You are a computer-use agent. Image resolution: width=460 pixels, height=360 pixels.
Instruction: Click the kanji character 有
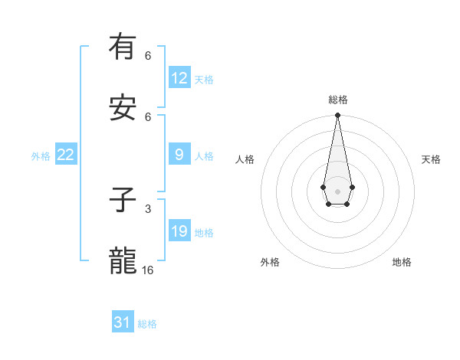(123, 47)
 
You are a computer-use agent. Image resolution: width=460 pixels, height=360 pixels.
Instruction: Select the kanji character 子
(123, 201)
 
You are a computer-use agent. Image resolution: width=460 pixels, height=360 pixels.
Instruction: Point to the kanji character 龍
(123, 262)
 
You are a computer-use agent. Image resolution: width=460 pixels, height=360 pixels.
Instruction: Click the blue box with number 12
(179, 78)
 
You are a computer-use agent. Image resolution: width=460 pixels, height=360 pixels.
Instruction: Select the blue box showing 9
(179, 155)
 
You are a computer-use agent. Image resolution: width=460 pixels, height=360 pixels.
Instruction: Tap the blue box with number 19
(179, 231)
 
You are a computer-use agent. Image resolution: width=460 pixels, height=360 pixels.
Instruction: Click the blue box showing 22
(65, 155)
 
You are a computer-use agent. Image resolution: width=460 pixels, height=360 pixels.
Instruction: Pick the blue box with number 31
(123, 322)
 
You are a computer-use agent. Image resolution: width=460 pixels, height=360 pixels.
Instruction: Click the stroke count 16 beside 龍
(148, 270)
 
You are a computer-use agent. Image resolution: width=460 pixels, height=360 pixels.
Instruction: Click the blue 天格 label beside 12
(204, 80)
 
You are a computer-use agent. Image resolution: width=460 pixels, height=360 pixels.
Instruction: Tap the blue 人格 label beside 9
(204, 156)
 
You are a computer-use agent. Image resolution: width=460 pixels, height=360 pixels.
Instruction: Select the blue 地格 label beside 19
(204, 233)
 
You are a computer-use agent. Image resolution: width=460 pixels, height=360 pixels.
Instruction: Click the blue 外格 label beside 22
(41, 156)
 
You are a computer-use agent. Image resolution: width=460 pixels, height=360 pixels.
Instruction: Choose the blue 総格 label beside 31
(147, 324)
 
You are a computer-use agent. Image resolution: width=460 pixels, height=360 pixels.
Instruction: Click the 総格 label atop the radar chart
(337, 100)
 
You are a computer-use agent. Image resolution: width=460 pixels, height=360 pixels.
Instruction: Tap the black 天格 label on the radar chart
(431, 159)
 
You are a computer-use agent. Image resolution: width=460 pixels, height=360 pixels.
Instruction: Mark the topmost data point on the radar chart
(337, 116)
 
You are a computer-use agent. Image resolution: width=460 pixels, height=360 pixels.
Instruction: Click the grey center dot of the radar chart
(337, 190)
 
